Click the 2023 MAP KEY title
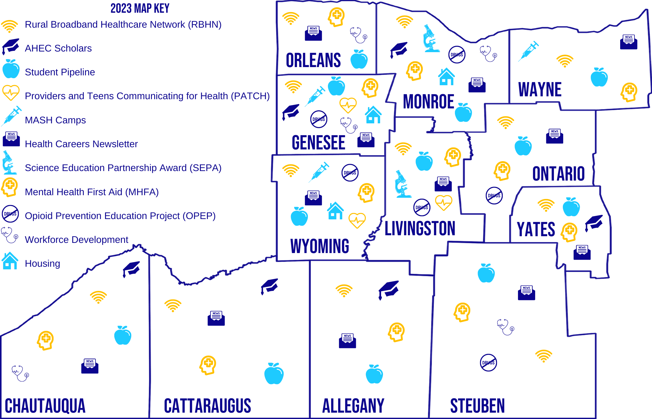[x=140, y=8]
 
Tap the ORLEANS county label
[x=313, y=60]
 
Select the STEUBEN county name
[x=477, y=406]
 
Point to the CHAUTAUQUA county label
[x=45, y=406]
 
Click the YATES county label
[x=536, y=229]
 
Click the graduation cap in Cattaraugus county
[x=270, y=286]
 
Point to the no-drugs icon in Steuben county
[x=488, y=362]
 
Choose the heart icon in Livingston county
[x=443, y=203]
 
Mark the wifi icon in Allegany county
[x=344, y=290]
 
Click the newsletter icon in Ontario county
[x=555, y=136]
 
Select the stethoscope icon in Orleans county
[x=358, y=35]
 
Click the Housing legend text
[x=42, y=264]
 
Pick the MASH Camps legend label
[x=55, y=120]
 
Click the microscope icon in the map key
[x=9, y=163]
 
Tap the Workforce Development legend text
[x=76, y=240]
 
